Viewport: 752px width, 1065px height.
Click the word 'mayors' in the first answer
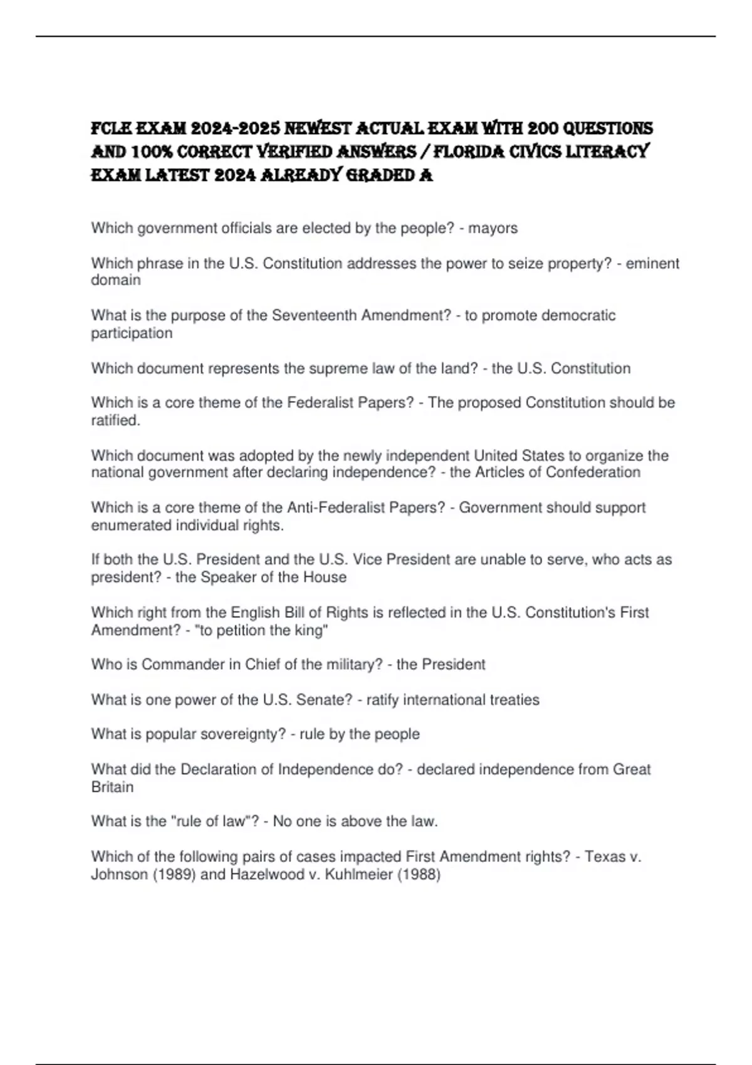pos(493,229)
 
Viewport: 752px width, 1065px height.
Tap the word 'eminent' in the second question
pos(652,264)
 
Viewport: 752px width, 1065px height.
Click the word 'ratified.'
pos(116,420)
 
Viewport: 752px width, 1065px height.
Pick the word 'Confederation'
pos(593,472)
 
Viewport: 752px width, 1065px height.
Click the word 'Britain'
pos(112,787)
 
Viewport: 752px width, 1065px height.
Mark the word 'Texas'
pos(605,856)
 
